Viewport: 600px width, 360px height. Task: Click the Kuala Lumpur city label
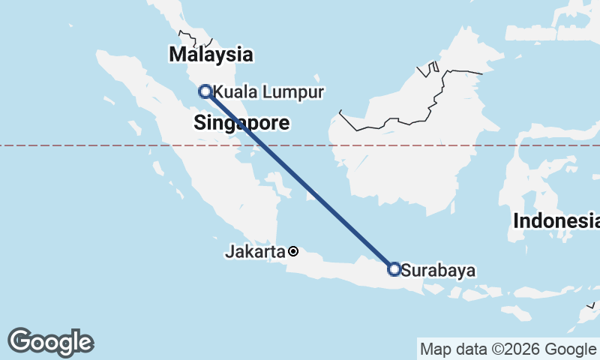[268, 92]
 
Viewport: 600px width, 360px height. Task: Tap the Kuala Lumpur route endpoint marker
[205, 91]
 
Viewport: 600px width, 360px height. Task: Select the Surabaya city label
[439, 270]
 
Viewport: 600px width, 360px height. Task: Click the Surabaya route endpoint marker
[394, 269]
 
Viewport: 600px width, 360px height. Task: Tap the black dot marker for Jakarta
[293, 251]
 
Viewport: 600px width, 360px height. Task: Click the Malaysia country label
[211, 54]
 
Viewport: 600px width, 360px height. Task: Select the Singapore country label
[241, 124]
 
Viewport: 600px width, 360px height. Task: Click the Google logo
[50, 341]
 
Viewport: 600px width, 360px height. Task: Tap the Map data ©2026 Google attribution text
[507, 349]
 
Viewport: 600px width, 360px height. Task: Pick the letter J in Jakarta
[229, 252]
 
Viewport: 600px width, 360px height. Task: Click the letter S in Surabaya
[406, 270]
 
